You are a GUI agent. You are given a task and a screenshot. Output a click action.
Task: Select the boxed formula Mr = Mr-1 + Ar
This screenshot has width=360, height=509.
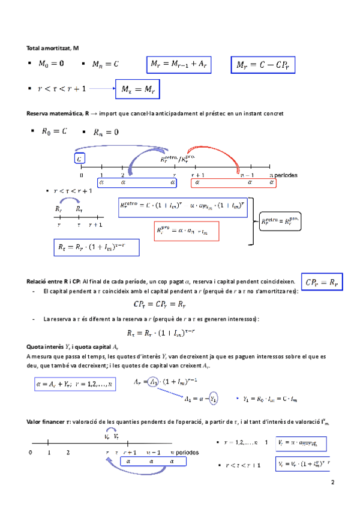pos(178,64)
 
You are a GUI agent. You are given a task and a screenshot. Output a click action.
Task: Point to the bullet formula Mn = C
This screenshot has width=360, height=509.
pos(105,64)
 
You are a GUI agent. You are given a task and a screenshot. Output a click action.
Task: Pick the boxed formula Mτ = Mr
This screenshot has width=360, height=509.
pos(138,90)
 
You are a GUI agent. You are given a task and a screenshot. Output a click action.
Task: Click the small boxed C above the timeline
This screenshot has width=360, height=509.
pos(80,158)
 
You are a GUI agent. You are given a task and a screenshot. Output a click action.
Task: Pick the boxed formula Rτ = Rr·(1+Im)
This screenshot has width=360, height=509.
pos(96,246)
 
